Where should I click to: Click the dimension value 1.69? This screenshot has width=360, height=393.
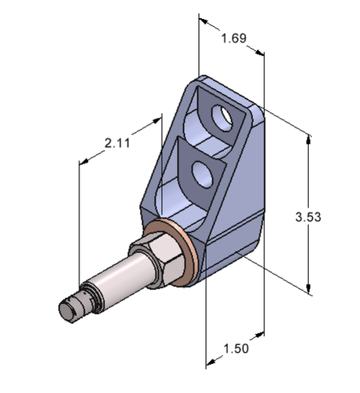(233, 38)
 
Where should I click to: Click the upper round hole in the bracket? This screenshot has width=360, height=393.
(222, 116)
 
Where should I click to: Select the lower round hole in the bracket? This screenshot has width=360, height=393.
(202, 174)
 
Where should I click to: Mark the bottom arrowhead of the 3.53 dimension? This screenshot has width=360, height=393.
(308, 288)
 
